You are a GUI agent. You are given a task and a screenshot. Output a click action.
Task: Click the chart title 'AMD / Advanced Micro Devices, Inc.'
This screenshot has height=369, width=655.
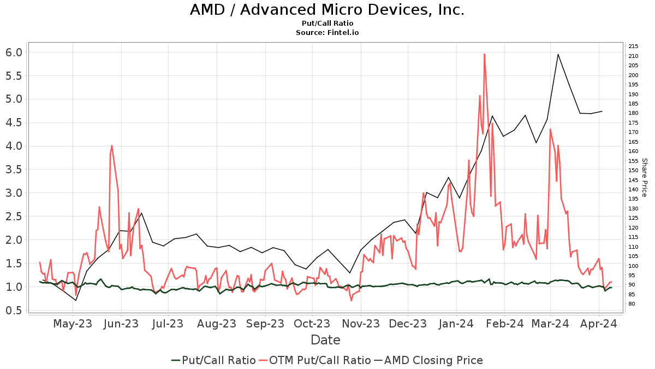click(327, 10)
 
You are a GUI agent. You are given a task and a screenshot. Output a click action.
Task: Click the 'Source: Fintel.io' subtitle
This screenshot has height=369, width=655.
click(327, 32)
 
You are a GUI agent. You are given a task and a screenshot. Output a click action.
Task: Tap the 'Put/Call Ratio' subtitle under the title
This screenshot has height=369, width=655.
click(327, 24)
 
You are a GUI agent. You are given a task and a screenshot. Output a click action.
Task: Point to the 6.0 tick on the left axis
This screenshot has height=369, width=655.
click(14, 52)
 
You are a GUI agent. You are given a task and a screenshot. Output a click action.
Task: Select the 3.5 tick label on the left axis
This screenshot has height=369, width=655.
click(14, 169)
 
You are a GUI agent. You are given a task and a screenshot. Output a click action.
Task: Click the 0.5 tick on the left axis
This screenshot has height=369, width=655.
click(14, 310)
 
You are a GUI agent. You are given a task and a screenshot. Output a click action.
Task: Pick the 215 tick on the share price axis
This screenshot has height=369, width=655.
click(633, 46)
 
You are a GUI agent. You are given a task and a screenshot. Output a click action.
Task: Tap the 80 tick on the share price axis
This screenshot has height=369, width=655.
click(632, 304)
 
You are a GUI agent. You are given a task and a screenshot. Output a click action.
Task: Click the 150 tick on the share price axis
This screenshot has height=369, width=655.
click(633, 170)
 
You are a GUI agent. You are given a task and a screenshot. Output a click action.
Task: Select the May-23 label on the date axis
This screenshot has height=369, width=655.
click(73, 324)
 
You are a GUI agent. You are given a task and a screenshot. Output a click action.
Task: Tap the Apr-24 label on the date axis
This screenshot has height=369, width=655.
click(598, 324)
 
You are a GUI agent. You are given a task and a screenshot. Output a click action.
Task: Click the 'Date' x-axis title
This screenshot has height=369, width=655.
click(325, 340)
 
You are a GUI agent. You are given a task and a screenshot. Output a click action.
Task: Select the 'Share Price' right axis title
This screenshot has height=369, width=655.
click(644, 178)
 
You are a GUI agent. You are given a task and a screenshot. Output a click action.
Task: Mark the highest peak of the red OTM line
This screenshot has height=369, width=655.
click(484, 54)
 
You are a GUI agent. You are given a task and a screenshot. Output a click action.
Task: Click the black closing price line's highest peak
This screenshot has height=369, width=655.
click(558, 54)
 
